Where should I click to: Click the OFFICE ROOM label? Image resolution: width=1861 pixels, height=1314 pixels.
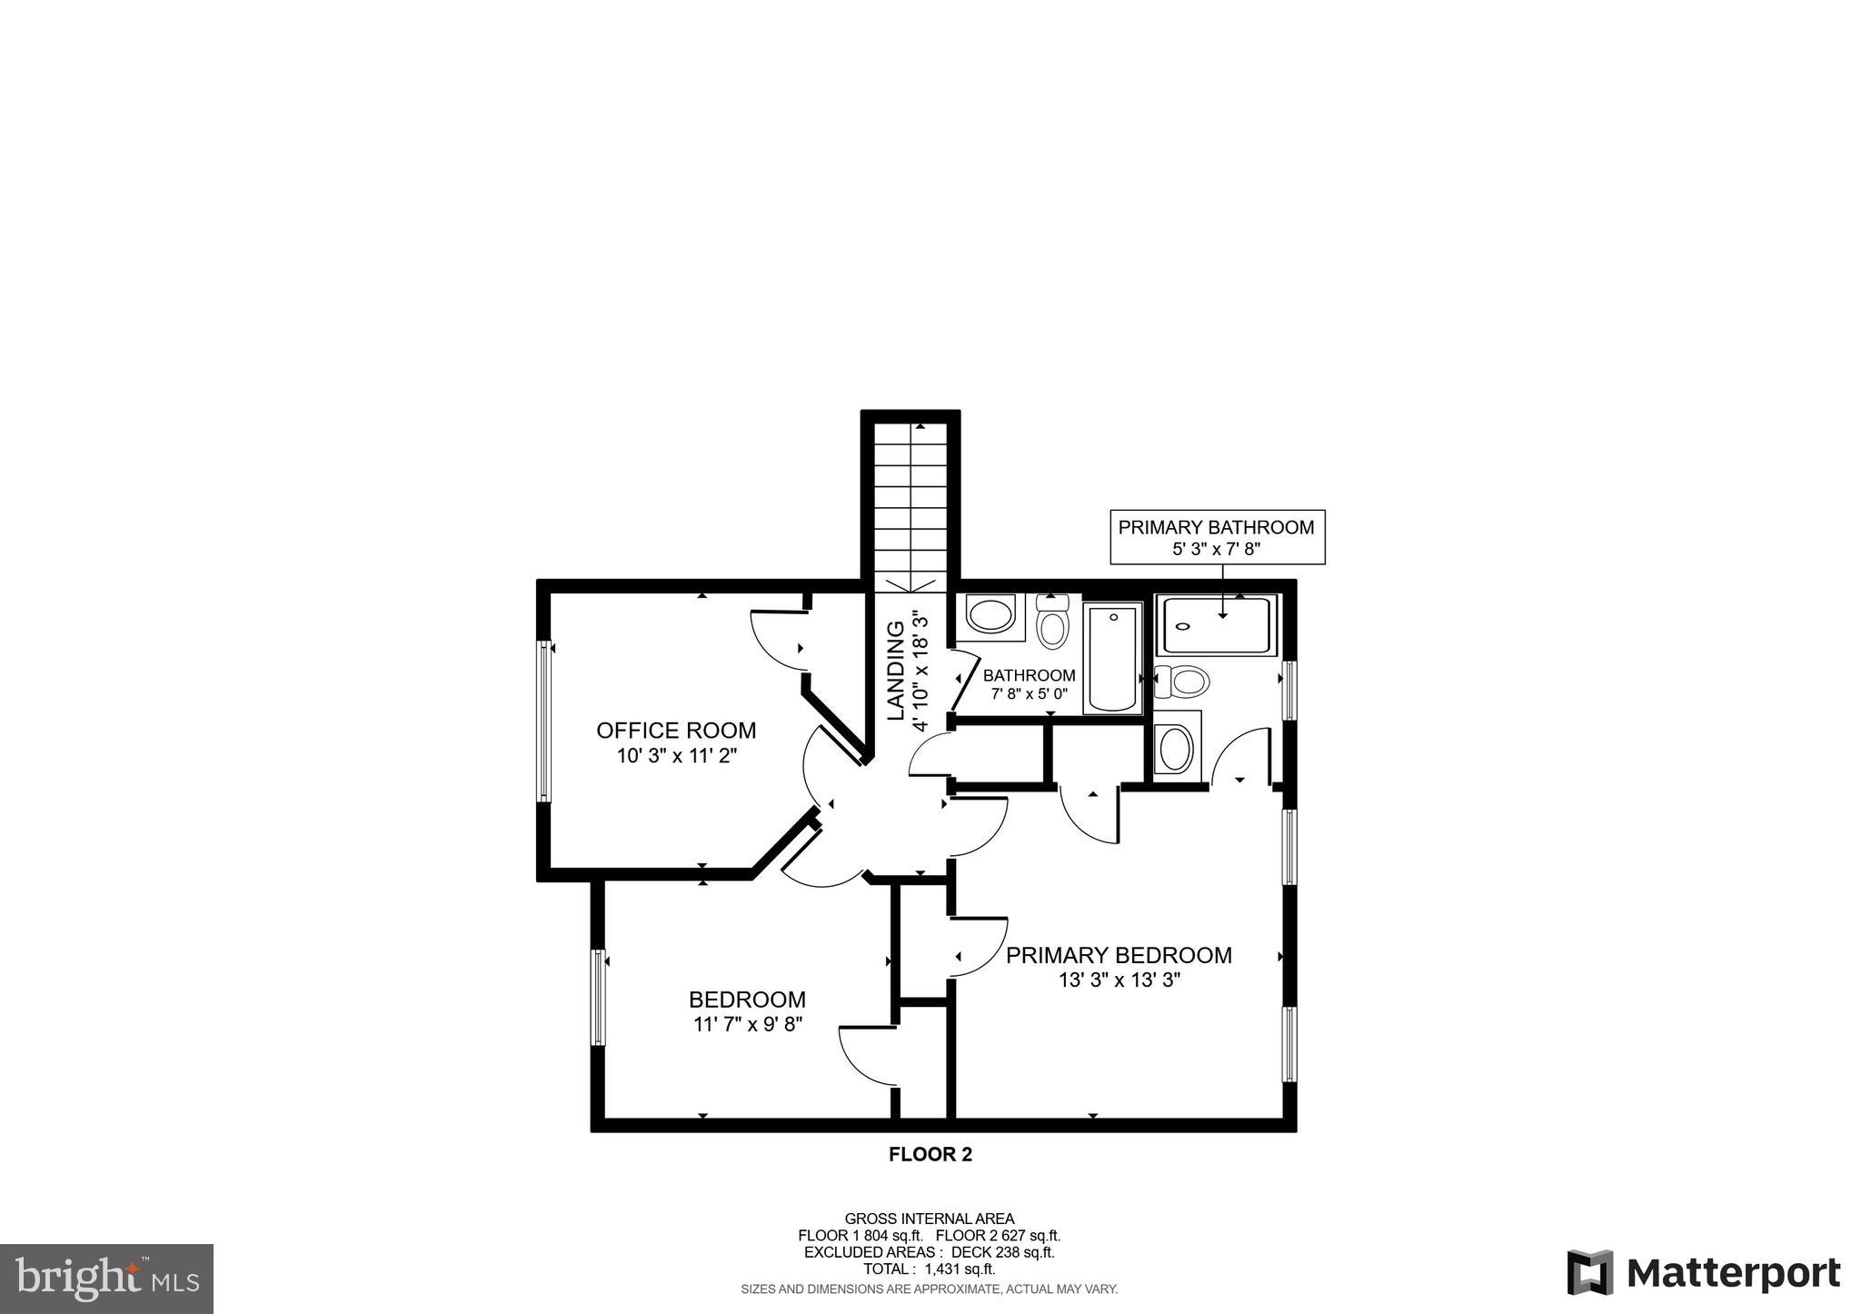[676, 731]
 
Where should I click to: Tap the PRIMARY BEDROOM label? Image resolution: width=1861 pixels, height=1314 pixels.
[1119, 956]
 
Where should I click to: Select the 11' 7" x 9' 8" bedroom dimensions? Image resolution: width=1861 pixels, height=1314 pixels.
[747, 1024]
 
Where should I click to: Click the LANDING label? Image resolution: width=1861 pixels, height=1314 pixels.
[896, 671]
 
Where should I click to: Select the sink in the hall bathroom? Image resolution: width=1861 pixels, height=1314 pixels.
[990, 615]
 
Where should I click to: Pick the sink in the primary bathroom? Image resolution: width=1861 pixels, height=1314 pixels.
[1175, 749]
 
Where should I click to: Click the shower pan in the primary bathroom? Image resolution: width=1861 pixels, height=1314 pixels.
[1216, 625]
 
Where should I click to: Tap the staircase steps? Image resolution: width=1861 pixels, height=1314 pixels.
[911, 509]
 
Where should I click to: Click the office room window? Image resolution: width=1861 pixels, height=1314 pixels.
[544, 722]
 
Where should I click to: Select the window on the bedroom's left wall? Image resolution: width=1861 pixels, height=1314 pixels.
[599, 997]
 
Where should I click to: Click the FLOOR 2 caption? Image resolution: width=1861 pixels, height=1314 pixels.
[930, 1155]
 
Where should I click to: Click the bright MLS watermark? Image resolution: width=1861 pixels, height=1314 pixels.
[107, 1279]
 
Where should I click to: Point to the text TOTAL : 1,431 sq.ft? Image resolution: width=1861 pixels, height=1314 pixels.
[929, 1269]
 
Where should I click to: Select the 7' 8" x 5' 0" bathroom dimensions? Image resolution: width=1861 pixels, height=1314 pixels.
[1029, 693]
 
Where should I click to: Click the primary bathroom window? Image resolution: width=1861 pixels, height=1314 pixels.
[1288, 691]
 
